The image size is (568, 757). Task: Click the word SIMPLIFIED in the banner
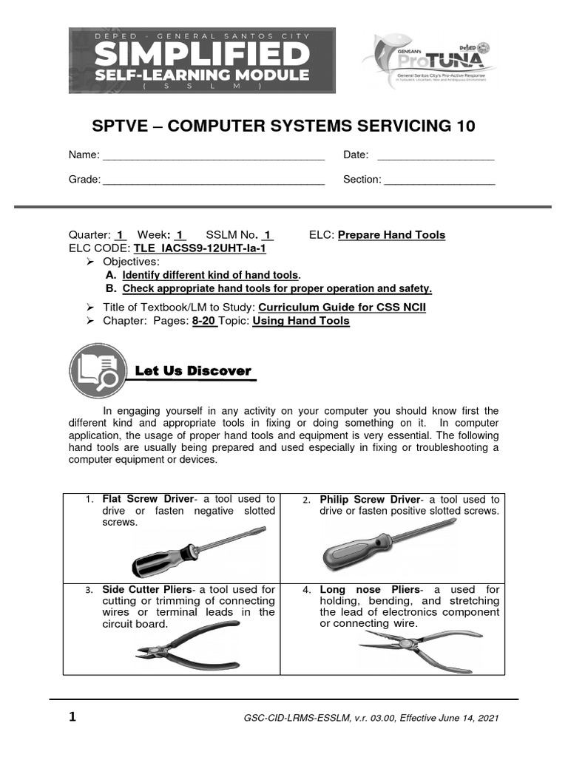[201, 54]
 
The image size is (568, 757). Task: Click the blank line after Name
[213, 155]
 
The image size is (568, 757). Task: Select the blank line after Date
[436, 155]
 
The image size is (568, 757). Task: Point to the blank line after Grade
[213, 180]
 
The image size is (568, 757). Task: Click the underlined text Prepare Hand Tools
[391, 235]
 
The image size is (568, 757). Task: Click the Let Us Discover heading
[193, 371]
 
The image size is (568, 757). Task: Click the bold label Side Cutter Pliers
[146, 589]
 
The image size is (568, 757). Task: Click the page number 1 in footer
[72, 717]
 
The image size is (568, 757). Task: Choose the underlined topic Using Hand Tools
[301, 321]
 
